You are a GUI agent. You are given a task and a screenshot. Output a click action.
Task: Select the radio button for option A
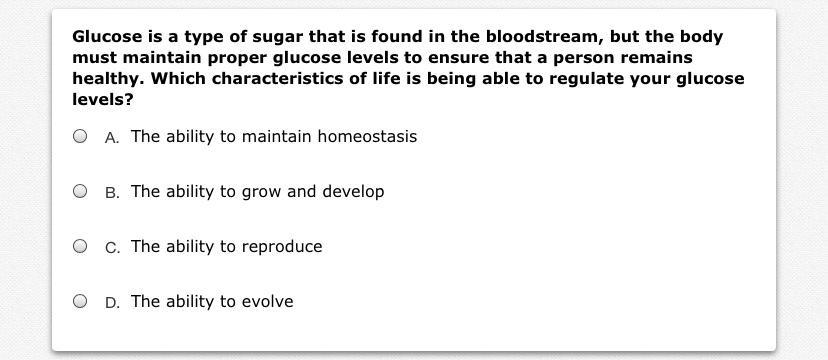coord(80,137)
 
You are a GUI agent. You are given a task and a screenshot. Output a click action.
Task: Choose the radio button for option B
coord(80,191)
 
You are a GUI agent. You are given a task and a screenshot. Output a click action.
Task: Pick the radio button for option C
coord(80,246)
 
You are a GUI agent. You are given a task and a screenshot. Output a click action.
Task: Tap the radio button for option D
coord(80,301)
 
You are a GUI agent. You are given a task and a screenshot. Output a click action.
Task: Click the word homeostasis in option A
coord(367,137)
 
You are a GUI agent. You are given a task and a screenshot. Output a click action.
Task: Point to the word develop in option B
coord(353,192)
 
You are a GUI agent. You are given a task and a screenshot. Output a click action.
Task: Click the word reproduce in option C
coord(282,247)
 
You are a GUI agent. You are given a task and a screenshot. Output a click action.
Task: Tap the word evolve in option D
coord(267,301)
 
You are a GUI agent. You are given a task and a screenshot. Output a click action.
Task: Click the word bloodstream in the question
coord(543,36)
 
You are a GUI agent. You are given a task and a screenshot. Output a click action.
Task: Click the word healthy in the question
coord(108,80)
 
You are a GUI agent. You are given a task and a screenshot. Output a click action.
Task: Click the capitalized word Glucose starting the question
coord(107,36)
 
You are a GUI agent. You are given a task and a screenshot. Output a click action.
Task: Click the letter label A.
coord(112,137)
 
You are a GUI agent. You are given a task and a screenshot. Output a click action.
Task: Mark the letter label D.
coord(112,302)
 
